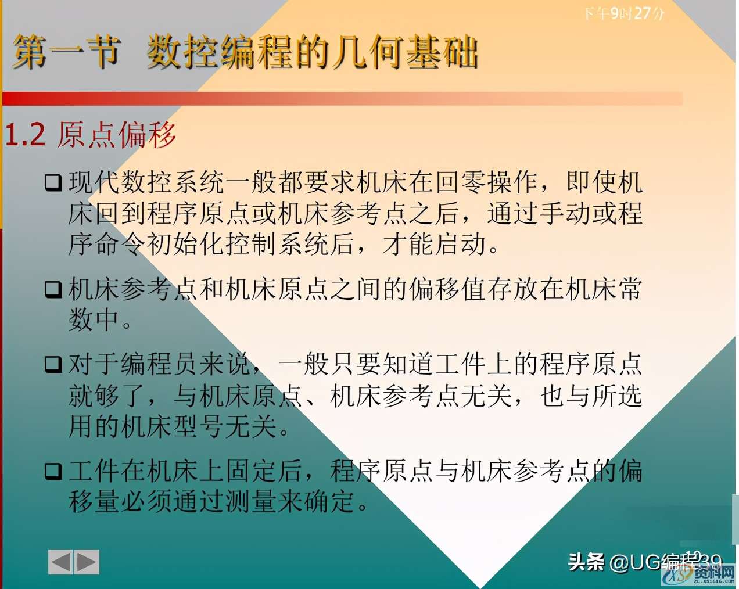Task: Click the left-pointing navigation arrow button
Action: pyautogui.click(x=60, y=562)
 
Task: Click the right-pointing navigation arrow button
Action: pyautogui.click(x=87, y=562)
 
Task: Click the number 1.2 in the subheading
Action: pyautogui.click(x=25, y=135)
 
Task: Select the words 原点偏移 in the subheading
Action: pyautogui.click(x=116, y=135)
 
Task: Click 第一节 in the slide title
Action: pyautogui.click(x=65, y=52)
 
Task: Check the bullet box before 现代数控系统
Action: pyautogui.click(x=53, y=184)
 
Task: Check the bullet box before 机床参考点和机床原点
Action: pyautogui.click(x=53, y=289)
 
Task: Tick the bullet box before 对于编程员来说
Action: pyautogui.click(x=53, y=365)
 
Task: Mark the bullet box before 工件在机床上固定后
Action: pyautogui.click(x=53, y=471)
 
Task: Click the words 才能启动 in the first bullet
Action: pyautogui.click(x=433, y=244)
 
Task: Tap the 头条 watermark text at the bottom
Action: pyautogui.click(x=586, y=562)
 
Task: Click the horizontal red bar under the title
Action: pyautogui.click(x=343, y=99)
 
